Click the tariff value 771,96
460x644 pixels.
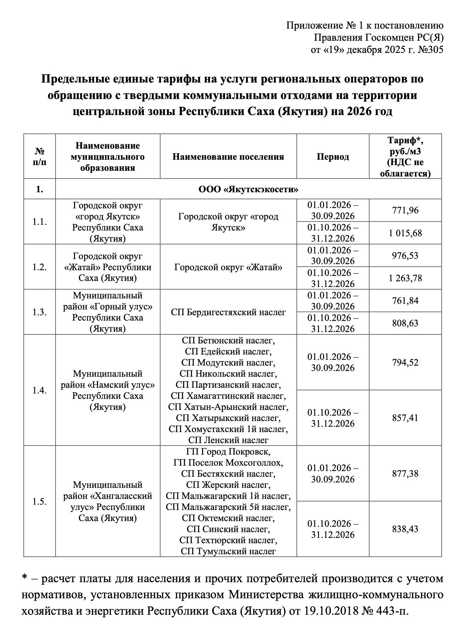coord(405,210)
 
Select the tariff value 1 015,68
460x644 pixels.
coord(405,233)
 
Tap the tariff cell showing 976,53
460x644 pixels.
coord(405,256)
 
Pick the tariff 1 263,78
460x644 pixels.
coord(405,278)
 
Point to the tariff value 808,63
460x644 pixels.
coord(405,323)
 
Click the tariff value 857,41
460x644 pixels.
coord(405,418)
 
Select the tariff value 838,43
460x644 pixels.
coord(405,529)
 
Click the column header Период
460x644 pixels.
coord(333,157)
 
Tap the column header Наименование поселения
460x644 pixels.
coord(228,157)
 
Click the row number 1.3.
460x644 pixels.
coord(39,312)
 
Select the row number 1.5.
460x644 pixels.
coord(39,501)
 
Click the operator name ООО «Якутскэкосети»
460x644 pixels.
coord(248,189)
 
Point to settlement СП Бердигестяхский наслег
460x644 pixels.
coord(228,312)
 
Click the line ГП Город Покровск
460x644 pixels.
coord(228,451)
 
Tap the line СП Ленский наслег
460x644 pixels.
coord(228,440)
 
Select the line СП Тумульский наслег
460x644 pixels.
coord(228,551)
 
